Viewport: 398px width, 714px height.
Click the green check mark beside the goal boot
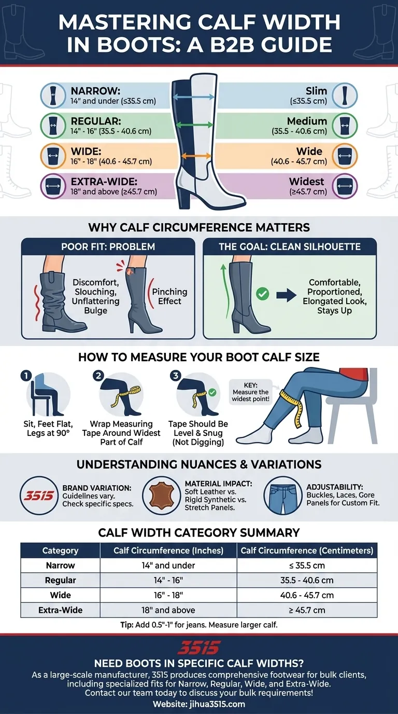click(263, 294)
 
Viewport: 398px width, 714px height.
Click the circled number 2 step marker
click(98, 376)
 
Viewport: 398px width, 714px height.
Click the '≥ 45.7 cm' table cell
click(307, 610)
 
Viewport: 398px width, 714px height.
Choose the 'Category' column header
click(60, 551)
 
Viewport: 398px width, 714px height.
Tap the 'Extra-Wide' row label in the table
click(60, 610)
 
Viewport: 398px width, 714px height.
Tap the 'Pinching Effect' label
click(169, 296)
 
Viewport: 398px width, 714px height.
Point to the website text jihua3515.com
click(199, 704)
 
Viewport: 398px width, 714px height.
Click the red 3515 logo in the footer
click(199, 647)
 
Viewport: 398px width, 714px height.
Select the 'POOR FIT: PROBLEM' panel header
click(108, 246)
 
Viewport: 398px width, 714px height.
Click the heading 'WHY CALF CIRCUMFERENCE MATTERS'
click(199, 227)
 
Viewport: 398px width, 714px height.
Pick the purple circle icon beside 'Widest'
click(344, 186)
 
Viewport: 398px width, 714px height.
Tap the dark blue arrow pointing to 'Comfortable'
click(286, 295)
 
